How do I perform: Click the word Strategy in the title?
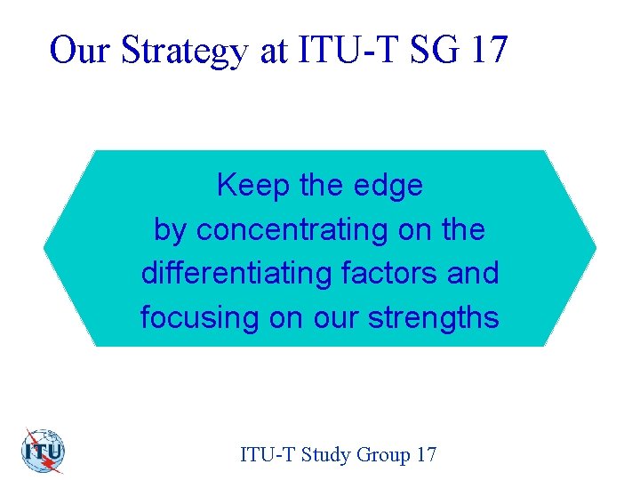point(185,51)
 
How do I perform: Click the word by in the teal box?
point(171,231)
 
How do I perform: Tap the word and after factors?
point(473,273)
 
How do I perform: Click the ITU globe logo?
point(42,451)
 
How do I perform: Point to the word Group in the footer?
point(383,455)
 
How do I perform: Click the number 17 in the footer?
point(426,454)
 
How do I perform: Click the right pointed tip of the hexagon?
point(595,247)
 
